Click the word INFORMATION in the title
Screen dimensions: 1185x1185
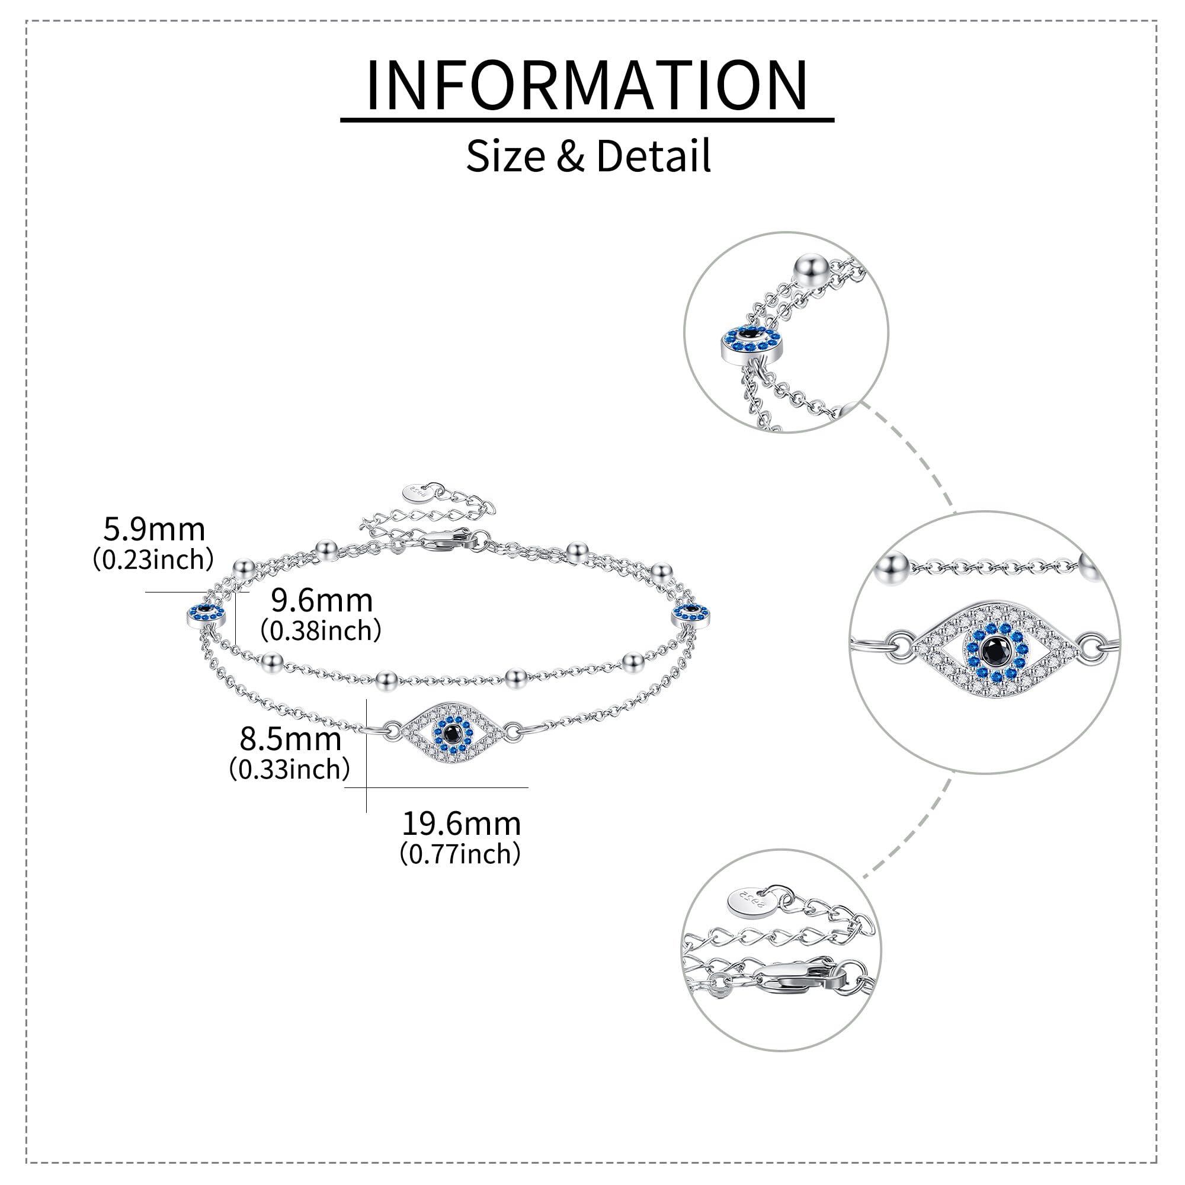pos(587,85)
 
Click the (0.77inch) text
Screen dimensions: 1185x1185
pos(460,854)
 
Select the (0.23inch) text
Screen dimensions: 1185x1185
pos(153,559)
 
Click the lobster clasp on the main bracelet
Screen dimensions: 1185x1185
pos(449,539)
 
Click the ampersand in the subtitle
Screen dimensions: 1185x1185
pos(571,156)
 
